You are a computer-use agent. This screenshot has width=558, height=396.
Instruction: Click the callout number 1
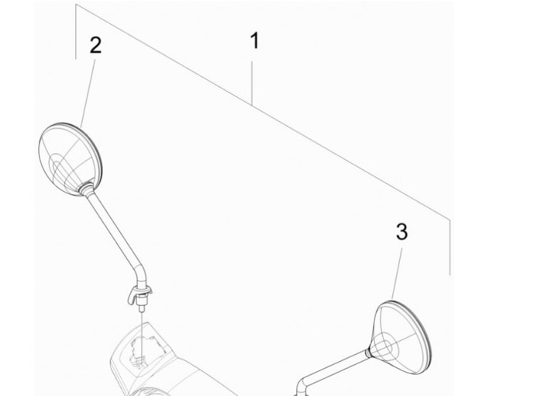[x=254, y=40]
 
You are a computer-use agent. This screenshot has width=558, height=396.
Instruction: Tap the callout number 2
[x=96, y=46]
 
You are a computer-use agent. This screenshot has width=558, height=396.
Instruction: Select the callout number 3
[x=401, y=231]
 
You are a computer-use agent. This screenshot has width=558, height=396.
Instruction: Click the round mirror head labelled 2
[x=70, y=159]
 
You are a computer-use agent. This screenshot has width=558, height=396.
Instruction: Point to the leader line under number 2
[x=88, y=93]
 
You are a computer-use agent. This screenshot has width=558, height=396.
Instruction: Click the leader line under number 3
[x=397, y=274]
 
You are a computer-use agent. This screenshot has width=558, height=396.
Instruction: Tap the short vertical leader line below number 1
[x=252, y=83]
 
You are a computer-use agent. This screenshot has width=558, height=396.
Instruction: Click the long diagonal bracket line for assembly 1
[x=263, y=112]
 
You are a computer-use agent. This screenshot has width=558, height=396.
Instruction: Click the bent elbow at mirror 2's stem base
[x=142, y=275]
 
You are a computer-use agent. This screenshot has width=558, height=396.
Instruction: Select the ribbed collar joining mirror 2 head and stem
[x=86, y=188]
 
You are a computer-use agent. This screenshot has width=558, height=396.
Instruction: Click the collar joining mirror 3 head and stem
[x=368, y=353]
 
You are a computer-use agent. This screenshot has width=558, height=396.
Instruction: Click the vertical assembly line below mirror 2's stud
[x=141, y=339]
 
